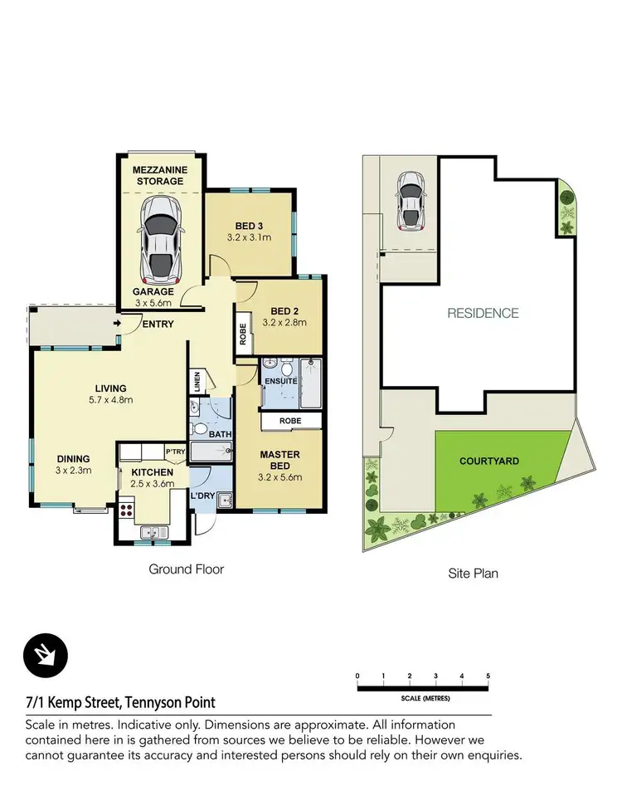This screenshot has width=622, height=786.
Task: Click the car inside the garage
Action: point(160,238)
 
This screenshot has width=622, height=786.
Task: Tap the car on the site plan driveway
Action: point(411,200)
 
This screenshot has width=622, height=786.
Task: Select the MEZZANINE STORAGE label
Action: point(160,174)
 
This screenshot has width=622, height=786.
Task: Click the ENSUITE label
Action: point(281,381)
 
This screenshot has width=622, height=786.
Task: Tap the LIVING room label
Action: point(110,388)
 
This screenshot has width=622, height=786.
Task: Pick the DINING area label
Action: point(73,459)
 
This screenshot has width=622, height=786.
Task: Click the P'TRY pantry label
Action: point(174,452)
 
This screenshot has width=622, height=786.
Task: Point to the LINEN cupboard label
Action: point(197,383)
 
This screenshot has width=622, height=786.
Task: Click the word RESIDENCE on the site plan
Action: point(483,313)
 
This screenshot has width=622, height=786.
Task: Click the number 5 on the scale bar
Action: point(488,676)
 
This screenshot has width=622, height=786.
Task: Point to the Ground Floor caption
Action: point(186,569)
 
